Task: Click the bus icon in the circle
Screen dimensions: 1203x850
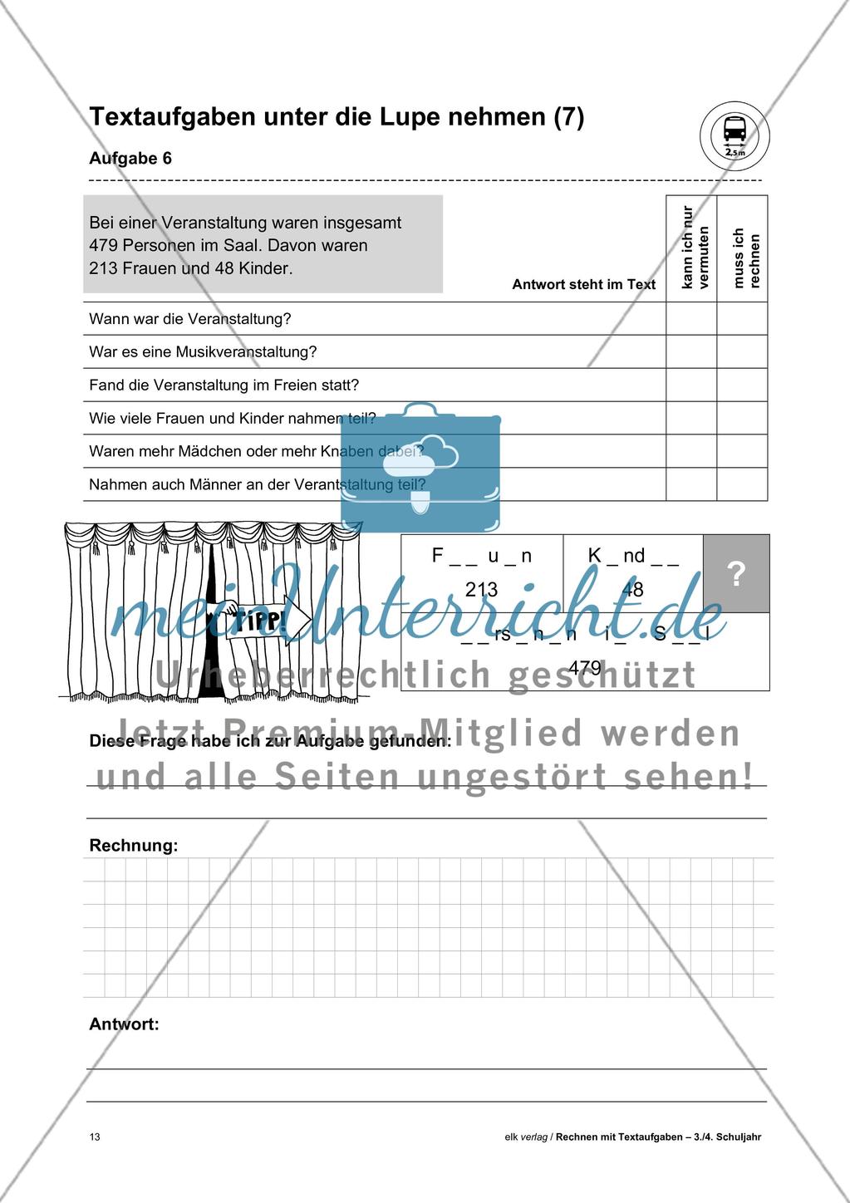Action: pos(735,130)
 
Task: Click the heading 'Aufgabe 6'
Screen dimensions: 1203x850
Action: pos(130,159)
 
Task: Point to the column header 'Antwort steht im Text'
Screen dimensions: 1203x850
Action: pos(583,284)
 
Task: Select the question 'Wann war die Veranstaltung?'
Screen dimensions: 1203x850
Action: pos(190,319)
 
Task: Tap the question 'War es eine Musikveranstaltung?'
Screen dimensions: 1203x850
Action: pos(203,352)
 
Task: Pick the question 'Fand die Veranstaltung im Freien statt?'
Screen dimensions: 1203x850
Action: pos(224,385)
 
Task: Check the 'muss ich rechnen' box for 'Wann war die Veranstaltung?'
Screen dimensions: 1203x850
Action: pos(742,319)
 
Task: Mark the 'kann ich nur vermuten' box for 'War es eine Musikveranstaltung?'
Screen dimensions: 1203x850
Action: pos(691,352)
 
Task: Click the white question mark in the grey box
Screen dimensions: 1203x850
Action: pos(736,574)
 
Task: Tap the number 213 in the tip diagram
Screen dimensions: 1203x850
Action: pos(481,590)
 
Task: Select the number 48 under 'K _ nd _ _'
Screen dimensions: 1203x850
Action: pos(633,591)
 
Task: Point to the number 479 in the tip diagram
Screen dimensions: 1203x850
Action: pos(585,667)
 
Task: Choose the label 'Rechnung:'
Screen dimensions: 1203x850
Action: pos(134,846)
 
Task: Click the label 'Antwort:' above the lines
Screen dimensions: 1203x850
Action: pos(124,1024)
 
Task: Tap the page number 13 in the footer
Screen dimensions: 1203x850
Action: pos(95,1137)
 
